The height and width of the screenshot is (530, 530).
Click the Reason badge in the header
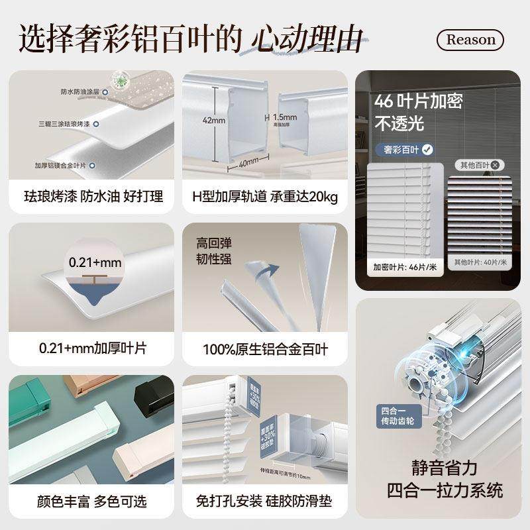pos(470,40)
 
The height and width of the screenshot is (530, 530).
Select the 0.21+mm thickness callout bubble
pos(95,262)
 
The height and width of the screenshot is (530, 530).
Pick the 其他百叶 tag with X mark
pos(479,165)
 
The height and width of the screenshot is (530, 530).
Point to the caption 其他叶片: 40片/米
pos(480,262)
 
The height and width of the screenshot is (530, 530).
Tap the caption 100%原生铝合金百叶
pos(265,349)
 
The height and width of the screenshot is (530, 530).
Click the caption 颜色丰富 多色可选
pos(91,501)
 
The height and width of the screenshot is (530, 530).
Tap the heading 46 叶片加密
pos(418,101)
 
